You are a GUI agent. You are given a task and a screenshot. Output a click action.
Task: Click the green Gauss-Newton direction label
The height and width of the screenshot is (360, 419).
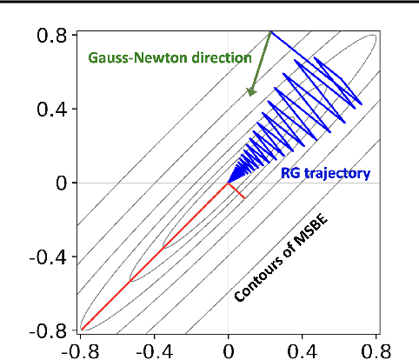[x=170, y=58]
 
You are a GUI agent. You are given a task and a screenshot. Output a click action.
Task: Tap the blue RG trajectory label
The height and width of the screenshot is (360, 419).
[x=325, y=174]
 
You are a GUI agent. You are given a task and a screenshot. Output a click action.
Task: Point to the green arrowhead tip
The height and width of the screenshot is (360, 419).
[x=249, y=95]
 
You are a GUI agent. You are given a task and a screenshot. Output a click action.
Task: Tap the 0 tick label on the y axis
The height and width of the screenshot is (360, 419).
[x=58, y=183]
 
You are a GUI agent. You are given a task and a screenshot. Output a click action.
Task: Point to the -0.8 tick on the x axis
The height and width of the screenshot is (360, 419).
[x=81, y=350]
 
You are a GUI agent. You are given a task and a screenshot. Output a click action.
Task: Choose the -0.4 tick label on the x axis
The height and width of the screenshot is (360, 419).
[x=154, y=350]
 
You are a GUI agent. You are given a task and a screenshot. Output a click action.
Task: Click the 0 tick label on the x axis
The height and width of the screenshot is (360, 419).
[x=228, y=350]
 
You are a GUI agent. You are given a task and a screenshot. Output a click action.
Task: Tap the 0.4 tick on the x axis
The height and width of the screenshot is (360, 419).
[x=302, y=350]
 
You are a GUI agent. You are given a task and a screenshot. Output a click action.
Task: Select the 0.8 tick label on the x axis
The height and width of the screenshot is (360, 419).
[x=376, y=350]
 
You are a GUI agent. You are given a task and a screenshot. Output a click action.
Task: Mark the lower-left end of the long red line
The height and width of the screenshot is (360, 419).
[x=82, y=330]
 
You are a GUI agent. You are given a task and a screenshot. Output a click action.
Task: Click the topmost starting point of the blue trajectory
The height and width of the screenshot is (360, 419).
[x=270, y=31]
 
